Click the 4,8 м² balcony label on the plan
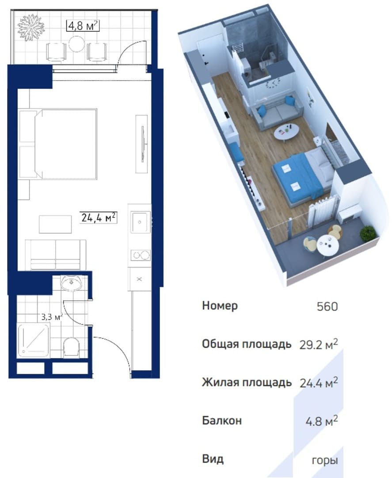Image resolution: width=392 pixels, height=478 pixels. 83,26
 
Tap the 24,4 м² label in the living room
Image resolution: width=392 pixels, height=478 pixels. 98,218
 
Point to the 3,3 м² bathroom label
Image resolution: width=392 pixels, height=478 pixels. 52,317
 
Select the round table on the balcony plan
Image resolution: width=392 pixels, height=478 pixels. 76,44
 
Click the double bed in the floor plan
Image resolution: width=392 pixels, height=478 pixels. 58,144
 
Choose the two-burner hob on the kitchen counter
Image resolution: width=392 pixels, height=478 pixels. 141,255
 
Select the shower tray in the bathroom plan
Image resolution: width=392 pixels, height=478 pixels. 34,340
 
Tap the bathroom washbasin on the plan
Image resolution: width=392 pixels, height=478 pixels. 71,282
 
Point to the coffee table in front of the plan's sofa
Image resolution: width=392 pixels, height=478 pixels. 55,224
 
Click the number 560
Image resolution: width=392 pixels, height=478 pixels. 327,306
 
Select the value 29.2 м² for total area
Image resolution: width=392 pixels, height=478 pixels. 319,344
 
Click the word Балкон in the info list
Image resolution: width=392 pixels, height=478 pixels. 222,421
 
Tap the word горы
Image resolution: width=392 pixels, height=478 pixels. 325,460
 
